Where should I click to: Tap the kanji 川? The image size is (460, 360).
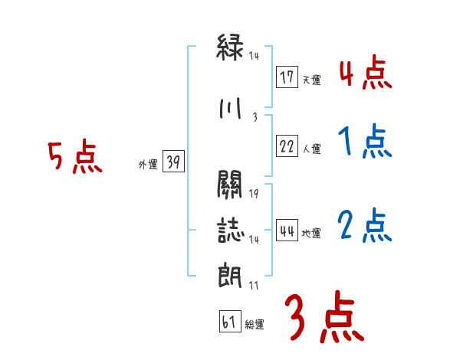point(230,109)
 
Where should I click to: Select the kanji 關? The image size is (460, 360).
point(230,184)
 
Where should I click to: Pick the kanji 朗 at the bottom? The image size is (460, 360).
point(230,274)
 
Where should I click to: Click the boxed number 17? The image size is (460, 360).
point(287,77)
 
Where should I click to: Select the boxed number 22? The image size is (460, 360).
point(287,147)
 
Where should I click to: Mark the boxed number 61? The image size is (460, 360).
point(228,322)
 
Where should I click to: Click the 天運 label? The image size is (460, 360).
point(311,80)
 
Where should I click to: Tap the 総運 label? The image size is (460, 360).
point(254,325)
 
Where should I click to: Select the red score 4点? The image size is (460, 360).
point(364,74)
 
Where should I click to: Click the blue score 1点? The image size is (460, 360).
point(364,142)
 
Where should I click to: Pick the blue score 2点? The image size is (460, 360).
point(364,225)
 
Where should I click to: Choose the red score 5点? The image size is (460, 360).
point(75,158)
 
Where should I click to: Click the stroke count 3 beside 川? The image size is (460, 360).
point(254,116)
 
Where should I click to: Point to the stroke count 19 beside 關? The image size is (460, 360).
point(254,192)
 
